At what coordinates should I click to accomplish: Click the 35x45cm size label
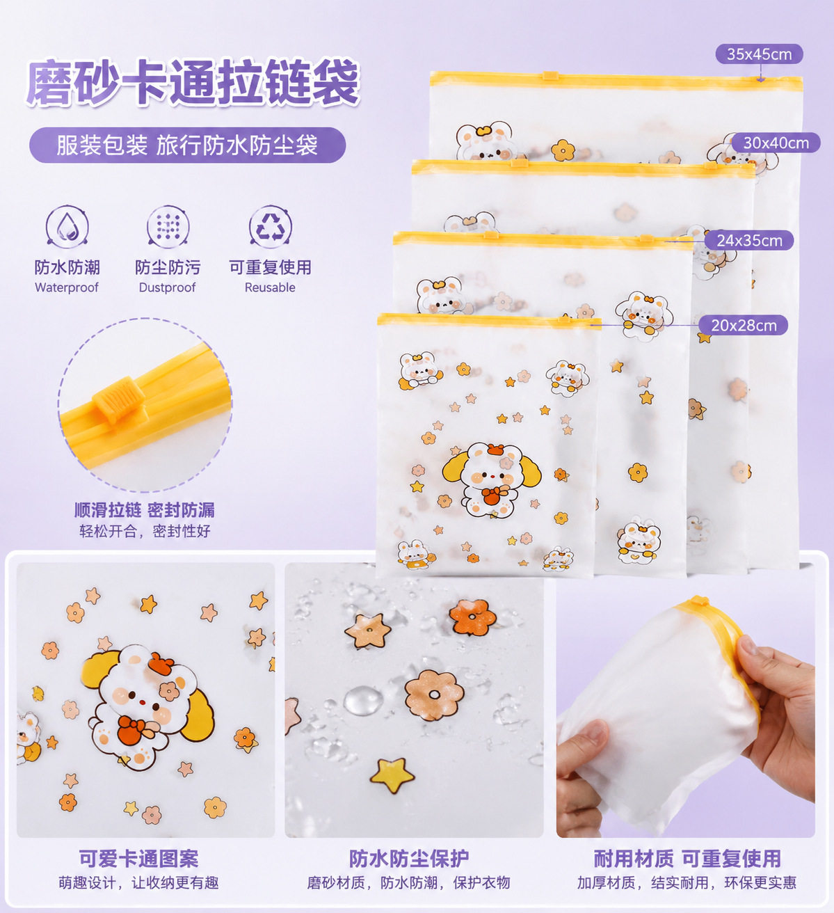pos(759,54)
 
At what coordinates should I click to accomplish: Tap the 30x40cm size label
pos(776,143)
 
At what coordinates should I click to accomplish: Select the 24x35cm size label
pos(749,240)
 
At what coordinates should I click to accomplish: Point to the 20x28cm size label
pos(744,325)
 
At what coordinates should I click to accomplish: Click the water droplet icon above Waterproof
pos(67,227)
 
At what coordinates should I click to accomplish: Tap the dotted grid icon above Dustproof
pos(168,227)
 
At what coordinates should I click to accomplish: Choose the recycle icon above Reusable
pos(271,227)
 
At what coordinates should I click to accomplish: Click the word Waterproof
pos(67,287)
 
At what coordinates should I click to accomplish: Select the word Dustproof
pos(167,287)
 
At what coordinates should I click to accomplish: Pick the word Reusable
pos(270,287)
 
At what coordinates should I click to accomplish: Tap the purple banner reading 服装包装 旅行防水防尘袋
pos(187,145)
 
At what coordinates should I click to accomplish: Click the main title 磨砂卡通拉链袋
pos(193,83)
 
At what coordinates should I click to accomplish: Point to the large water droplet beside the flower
pos(363,701)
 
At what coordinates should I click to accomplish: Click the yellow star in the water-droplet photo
pos(392,775)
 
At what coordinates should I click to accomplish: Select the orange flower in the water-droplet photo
pos(472,617)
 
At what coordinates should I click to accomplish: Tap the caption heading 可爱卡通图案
pos(139,859)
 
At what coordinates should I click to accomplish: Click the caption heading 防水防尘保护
pos(408,859)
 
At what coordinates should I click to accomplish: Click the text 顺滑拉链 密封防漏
pos(144,510)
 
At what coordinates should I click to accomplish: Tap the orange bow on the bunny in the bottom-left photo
pos(136,727)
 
